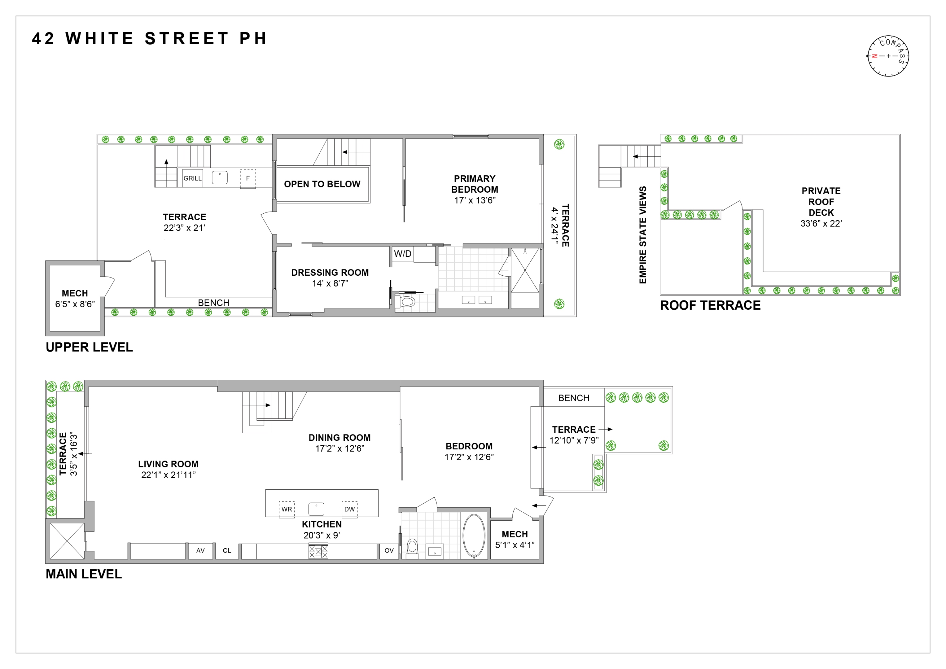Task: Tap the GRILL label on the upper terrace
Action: [192, 178]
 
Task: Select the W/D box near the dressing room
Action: [403, 254]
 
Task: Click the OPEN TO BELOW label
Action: [322, 184]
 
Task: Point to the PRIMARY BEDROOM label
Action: [475, 184]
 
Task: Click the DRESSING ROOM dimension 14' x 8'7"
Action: [330, 283]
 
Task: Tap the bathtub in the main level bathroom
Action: [474, 536]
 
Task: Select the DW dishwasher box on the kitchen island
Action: [349, 509]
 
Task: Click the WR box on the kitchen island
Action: [287, 509]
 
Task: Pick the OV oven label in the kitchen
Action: [389, 551]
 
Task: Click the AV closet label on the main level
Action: [200, 551]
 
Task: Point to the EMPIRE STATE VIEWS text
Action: [643, 235]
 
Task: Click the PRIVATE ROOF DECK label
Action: [821, 202]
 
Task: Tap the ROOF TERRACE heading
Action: [710, 306]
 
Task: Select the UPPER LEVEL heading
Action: [90, 347]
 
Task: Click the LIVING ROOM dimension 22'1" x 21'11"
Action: [169, 475]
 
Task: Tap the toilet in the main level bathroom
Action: [412, 548]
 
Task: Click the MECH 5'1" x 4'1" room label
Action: [515, 540]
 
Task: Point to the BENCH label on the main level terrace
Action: [574, 398]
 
